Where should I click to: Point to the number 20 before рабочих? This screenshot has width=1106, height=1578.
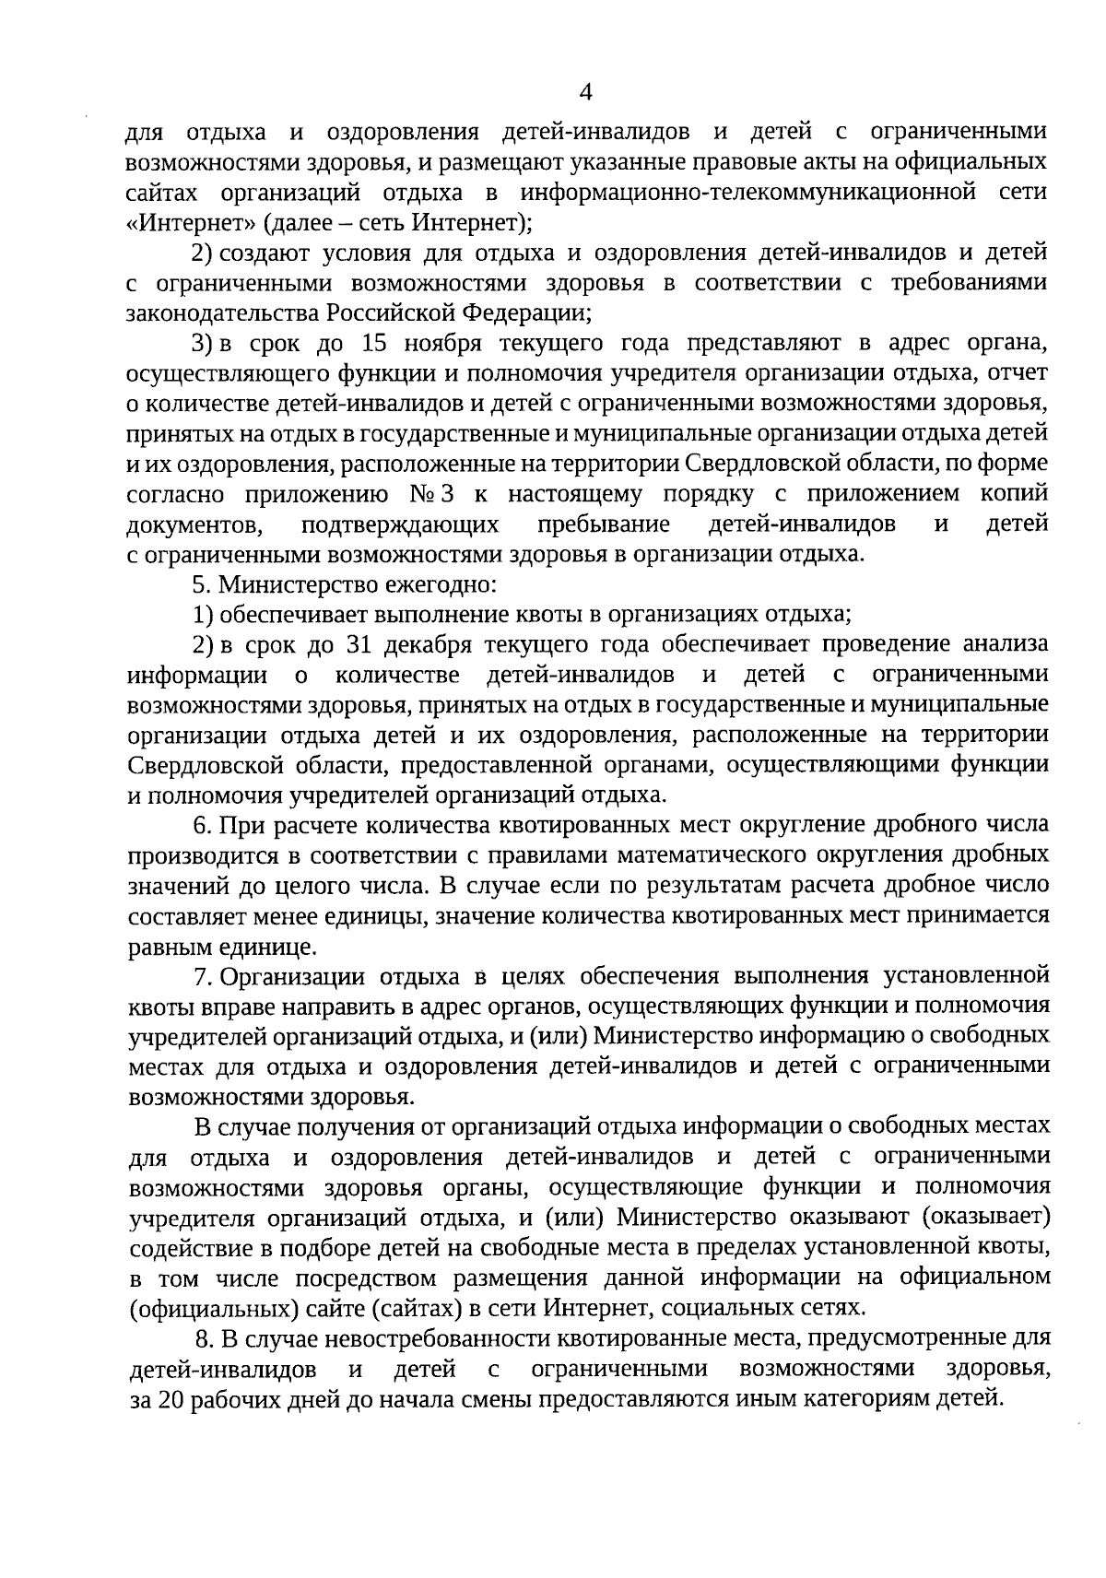(x=171, y=1398)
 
